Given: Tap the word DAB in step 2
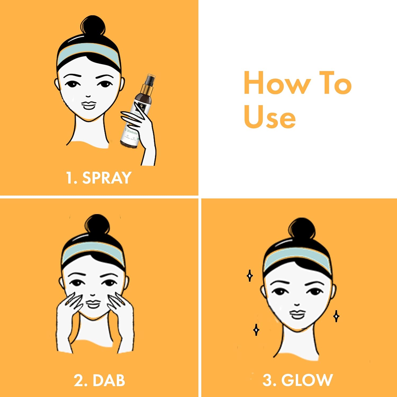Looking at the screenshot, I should [x=109, y=381].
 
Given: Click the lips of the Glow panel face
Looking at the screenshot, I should [x=297, y=314].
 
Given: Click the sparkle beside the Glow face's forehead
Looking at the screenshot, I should [x=249, y=276].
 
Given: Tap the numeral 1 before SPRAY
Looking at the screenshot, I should [x=70, y=178].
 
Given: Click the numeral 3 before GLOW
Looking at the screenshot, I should [x=267, y=380].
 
